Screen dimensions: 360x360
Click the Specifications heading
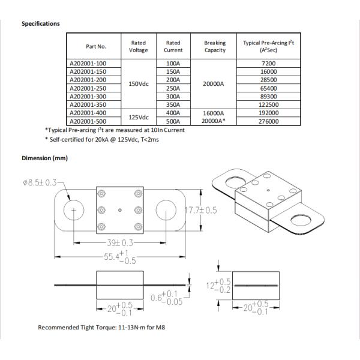point(41,24)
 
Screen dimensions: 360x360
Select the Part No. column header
point(95,46)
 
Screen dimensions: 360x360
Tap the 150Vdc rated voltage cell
point(139,83)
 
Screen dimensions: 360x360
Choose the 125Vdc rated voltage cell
point(139,116)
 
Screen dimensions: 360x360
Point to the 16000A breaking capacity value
point(215,112)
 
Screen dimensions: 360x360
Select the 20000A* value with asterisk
point(215,121)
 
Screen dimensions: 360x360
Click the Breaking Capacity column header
point(215,46)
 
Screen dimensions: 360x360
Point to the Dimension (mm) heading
point(44,158)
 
